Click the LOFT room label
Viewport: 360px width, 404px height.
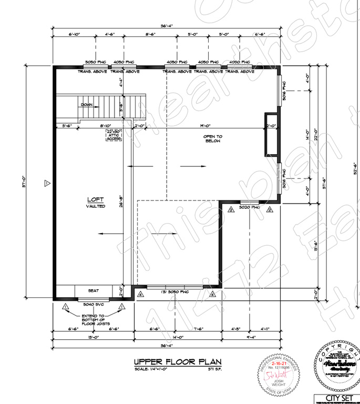click(96, 200)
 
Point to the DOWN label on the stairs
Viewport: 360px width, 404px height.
click(87, 104)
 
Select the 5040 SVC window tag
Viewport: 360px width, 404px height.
click(92, 304)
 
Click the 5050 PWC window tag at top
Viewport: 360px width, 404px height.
click(95, 62)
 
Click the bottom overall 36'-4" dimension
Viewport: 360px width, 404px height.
click(167, 346)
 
